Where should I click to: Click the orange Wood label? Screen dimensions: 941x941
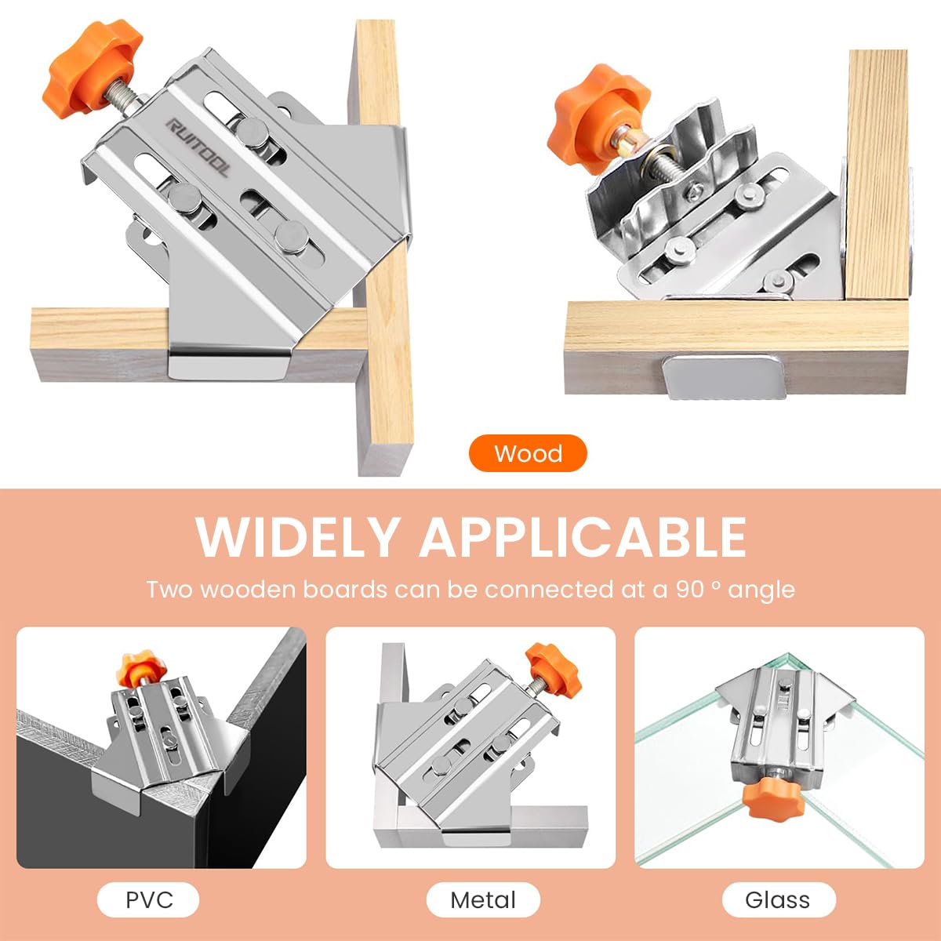(x=528, y=453)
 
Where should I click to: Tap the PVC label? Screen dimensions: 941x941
(x=148, y=899)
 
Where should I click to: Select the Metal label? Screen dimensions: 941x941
(x=483, y=899)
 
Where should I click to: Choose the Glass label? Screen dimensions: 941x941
(x=779, y=899)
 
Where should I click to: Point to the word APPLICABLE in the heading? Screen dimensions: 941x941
(x=583, y=537)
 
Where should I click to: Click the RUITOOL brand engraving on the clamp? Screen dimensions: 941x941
(x=198, y=147)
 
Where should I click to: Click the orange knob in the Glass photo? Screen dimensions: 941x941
(x=773, y=803)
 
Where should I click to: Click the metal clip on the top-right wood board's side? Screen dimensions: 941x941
(x=718, y=378)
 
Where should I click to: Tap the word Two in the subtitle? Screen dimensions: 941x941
(x=169, y=590)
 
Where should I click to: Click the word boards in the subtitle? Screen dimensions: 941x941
(x=345, y=590)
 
